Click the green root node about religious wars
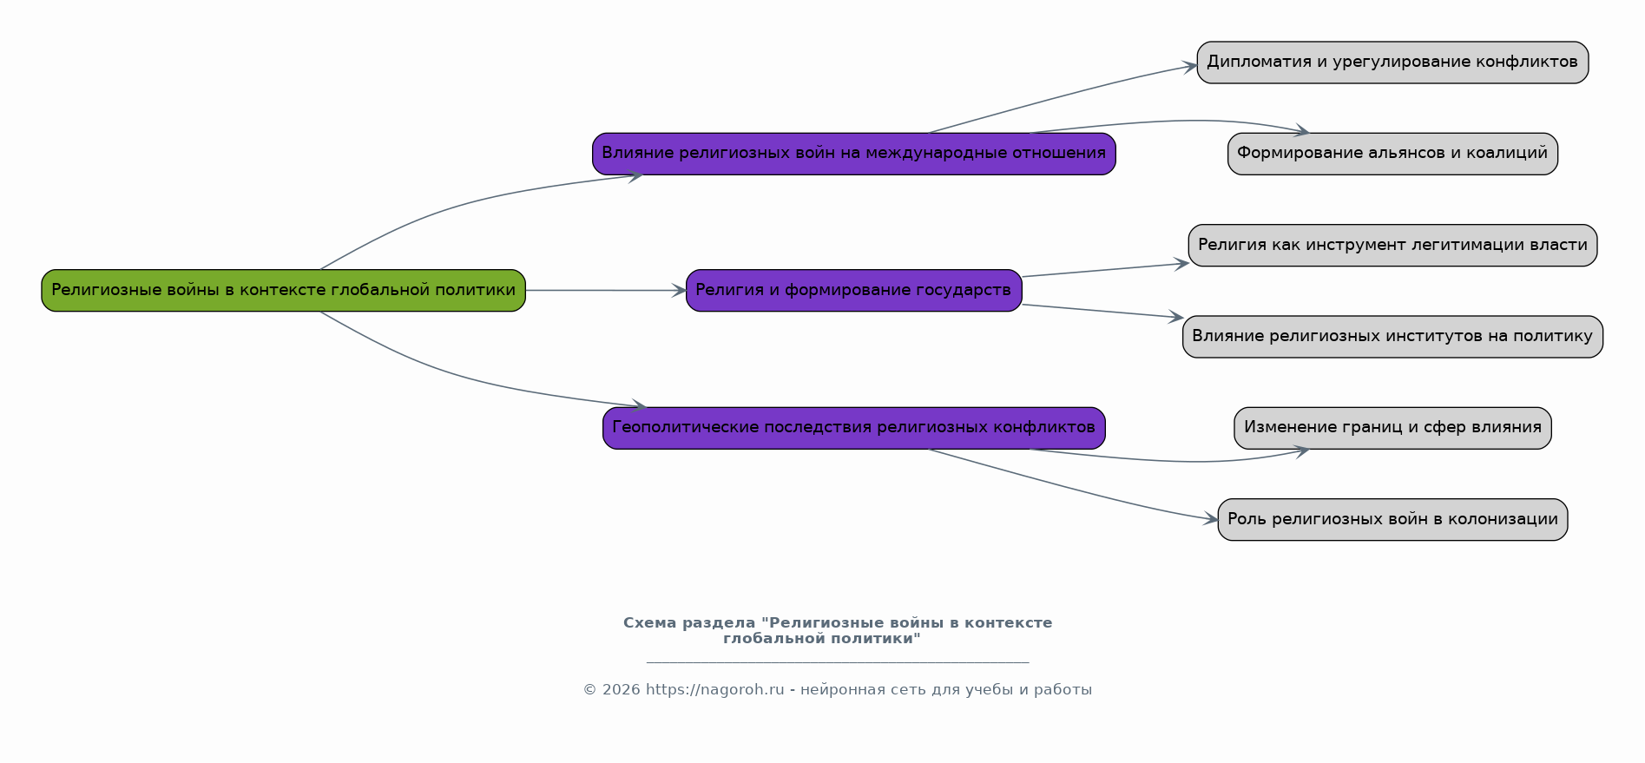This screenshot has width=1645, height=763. [x=284, y=290]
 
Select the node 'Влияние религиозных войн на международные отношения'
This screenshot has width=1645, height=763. [x=854, y=154]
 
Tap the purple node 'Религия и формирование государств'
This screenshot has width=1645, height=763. [x=854, y=290]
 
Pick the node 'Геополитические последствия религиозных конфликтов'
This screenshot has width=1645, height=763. [x=854, y=428]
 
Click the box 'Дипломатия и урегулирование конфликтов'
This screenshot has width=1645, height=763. [x=1392, y=62]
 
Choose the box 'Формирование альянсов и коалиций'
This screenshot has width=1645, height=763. [x=1392, y=154]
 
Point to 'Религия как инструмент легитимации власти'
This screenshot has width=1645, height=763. [x=1392, y=246]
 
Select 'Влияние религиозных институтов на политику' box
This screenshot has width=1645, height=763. [x=1392, y=337]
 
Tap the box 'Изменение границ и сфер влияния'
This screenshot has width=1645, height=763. [x=1392, y=428]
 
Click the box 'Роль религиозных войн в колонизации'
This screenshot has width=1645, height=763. [x=1392, y=520]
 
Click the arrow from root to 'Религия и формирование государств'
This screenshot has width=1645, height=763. [x=606, y=290]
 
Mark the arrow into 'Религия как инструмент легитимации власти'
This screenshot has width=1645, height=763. [x=1105, y=270]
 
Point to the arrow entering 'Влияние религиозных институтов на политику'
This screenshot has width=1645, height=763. [x=1102, y=312]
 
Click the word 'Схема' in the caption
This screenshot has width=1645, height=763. [x=650, y=623]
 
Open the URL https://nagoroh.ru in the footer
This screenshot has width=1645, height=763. [x=714, y=690]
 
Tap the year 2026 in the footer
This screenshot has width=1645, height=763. [x=621, y=690]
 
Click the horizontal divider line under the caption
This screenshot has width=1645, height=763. [x=838, y=662]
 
